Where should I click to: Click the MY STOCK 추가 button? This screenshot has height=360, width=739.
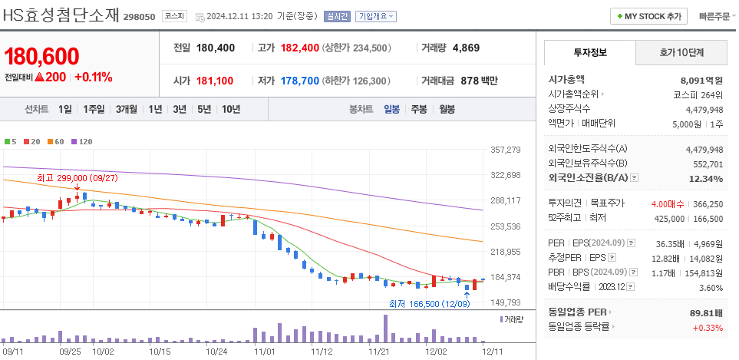tap(648, 16)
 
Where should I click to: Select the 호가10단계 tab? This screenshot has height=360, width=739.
tap(681, 52)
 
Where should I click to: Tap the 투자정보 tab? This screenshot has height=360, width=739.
tap(589, 52)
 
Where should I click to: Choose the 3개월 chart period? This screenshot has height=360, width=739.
tap(127, 109)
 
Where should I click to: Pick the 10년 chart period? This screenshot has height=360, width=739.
tap(230, 109)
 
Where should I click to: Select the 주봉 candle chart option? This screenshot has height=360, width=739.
tap(418, 109)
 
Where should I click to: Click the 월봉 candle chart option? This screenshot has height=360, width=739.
tap(447, 109)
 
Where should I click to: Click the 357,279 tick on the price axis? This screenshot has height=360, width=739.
tap(505, 150)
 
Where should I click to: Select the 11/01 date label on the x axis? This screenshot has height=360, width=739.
tap(265, 352)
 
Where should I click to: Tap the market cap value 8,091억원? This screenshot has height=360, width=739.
tap(701, 80)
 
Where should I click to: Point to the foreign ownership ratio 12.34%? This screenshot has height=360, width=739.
tap(706, 179)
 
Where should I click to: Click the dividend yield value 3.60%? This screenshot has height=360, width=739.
tap(711, 288)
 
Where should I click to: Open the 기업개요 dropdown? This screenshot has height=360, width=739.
tap(375, 16)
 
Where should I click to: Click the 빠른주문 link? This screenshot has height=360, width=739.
tap(714, 16)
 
